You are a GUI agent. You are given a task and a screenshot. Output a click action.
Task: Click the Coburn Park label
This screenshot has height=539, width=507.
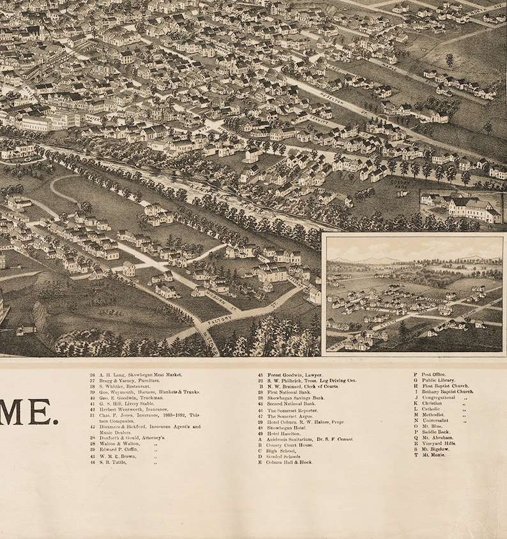pyautogui.click(x=400, y=183)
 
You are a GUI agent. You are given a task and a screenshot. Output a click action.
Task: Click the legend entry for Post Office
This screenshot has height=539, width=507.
pyautogui.click(x=434, y=374)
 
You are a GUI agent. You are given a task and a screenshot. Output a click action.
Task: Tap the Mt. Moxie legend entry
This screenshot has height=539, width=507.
pyautogui.click(x=432, y=455)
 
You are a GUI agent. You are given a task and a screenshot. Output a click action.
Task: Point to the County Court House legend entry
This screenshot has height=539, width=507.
pyautogui.click(x=288, y=445)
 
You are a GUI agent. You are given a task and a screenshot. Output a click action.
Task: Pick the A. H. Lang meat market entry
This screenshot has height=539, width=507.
pyautogui.click(x=137, y=375)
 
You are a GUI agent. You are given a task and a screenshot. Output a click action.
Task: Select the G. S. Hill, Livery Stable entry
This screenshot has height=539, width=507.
pyautogui.click(x=128, y=404)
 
